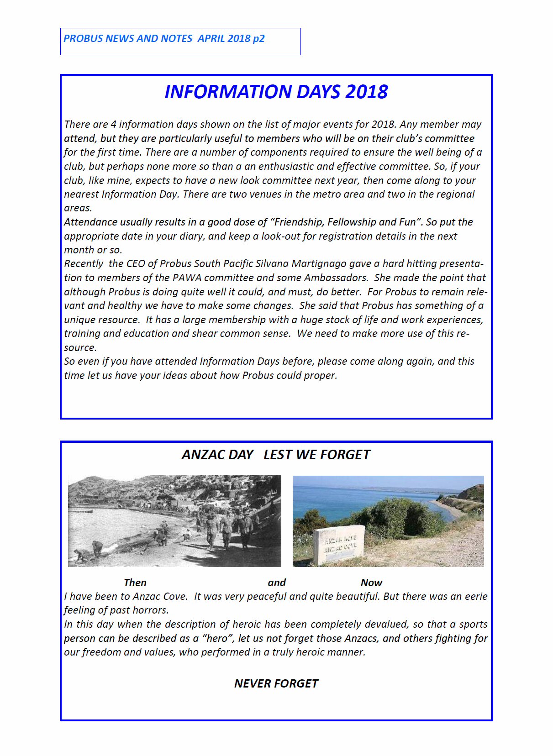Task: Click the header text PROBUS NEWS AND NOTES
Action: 128,39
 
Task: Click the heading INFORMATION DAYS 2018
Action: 276,92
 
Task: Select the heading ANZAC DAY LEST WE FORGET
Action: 276,455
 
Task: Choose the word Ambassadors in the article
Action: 336,278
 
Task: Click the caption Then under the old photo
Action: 135,583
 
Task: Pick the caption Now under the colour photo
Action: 371,583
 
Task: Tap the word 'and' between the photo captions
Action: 277,583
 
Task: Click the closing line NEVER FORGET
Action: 276,683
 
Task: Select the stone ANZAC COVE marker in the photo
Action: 339,545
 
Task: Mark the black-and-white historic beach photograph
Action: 174,521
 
